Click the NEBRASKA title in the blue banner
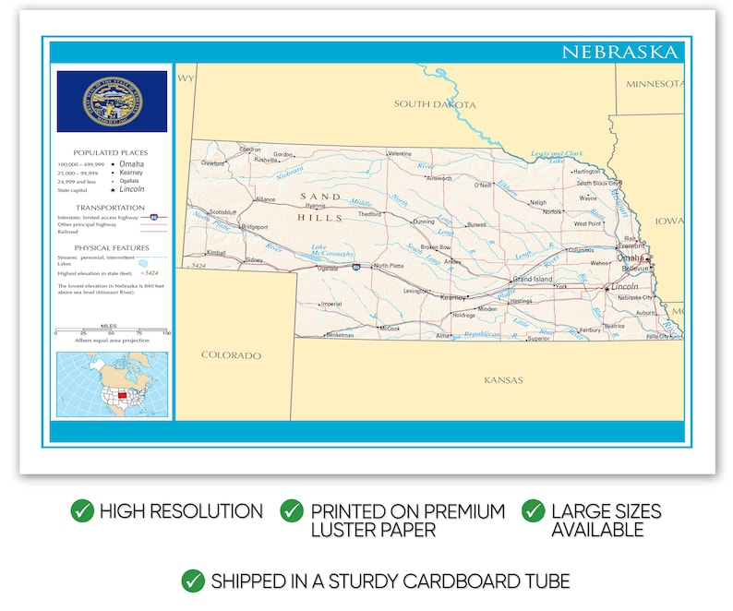coord(619,52)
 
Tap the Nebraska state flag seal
coord(112,101)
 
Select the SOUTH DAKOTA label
coord(435,104)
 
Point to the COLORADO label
coord(231,355)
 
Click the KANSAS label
coord(503,379)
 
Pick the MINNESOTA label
coord(655,84)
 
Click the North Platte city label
coord(390,266)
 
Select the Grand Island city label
coord(533,279)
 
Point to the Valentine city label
coord(400,153)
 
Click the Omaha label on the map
coord(631,258)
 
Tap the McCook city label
coord(390,328)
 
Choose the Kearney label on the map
coord(453,297)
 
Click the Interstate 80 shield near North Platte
coord(356,266)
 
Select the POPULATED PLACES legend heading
coord(111,152)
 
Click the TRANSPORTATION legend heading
coord(111,208)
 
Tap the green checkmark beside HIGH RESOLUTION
coord(82,510)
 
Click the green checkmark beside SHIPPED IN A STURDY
coord(193,581)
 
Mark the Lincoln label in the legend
coord(133,188)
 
